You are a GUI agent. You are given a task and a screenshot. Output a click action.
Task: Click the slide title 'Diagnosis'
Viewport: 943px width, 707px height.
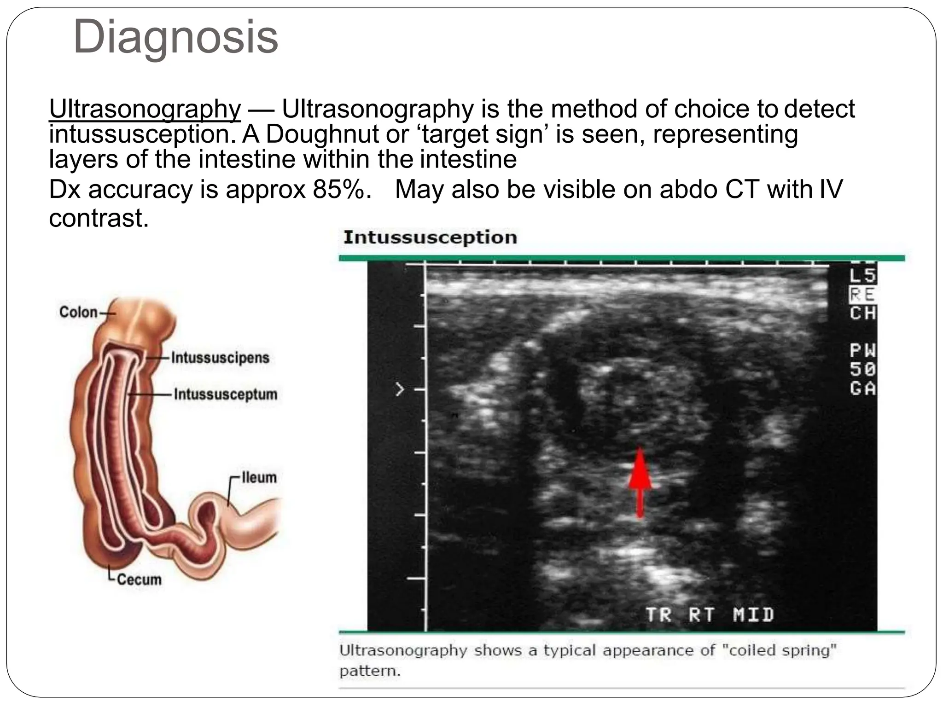(x=175, y=37)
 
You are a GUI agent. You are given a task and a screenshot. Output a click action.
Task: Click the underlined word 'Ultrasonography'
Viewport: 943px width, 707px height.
(x=145, y=110)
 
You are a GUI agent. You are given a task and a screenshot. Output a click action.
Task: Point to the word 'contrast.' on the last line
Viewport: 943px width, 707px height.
(x=99, y=218)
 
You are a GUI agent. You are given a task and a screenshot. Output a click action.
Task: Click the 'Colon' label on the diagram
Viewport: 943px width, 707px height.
(x=78, y=312)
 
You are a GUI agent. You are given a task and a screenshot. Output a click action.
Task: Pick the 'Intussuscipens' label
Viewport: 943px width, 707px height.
(x=220, y=358)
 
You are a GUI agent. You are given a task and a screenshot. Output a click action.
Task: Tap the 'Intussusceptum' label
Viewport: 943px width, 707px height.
(x=226, y=394)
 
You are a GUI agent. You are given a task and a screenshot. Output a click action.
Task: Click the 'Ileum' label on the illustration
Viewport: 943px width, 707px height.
(x=259, y=477)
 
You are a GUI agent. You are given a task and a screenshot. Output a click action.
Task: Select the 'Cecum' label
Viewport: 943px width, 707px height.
(x=139, y=579)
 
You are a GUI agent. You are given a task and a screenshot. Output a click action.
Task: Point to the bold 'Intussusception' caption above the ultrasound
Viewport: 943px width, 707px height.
(x=430, y=238)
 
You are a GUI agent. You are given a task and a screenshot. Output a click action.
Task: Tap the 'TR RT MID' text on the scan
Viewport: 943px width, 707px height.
(x=710, y=614)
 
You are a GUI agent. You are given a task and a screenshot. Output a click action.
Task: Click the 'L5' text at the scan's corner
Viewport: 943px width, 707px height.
(x=862, y=276)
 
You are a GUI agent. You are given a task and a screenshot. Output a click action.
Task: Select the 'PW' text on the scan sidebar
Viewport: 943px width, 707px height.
(x=862, y=351)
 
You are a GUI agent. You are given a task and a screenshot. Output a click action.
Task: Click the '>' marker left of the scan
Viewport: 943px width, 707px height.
(x=400, y=390)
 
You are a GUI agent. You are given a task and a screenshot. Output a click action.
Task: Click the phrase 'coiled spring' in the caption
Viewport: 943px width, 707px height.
(x=779, y=650)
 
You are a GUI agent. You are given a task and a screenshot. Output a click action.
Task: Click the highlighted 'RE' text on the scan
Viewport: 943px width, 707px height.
(x=862, y=295)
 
